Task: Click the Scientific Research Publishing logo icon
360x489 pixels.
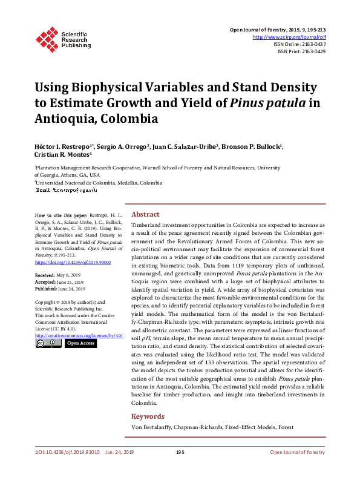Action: click(46, 37)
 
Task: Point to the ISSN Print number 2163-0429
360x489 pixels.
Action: click(310, 52)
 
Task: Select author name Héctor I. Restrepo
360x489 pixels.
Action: click(62, 148)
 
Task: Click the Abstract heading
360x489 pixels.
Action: click(145, 214)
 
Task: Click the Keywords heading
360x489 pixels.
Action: click(148, 416)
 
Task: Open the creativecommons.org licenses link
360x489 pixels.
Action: click(79, 335)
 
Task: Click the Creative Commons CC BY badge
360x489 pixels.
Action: click(48, 343)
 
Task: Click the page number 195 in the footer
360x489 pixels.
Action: click(180, 451)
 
